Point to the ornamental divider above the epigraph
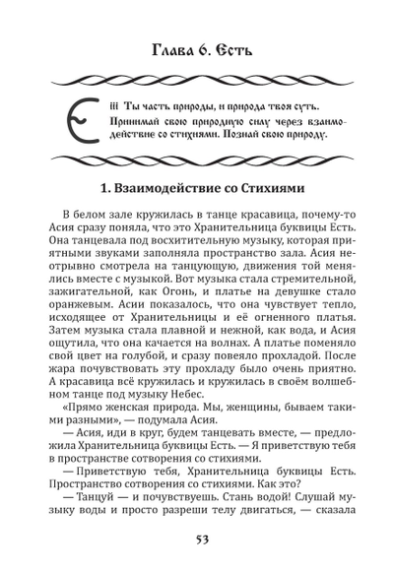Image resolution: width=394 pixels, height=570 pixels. pos(197,80)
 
